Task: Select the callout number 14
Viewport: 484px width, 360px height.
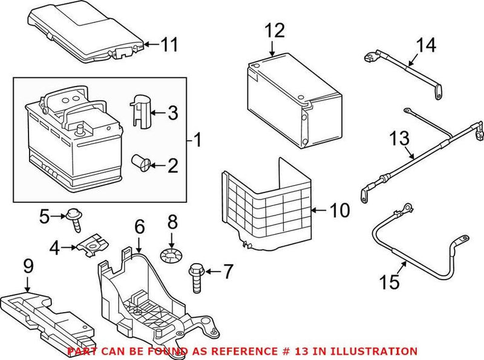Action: click(x=425, y=45)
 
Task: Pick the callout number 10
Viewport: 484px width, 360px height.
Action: click(x=340, y=211)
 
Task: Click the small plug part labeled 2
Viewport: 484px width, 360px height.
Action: click(x=142, y=162)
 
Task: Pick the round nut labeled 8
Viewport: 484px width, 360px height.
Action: click(x=171, y=255)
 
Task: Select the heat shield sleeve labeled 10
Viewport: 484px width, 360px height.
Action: click(x=266, y=206)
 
